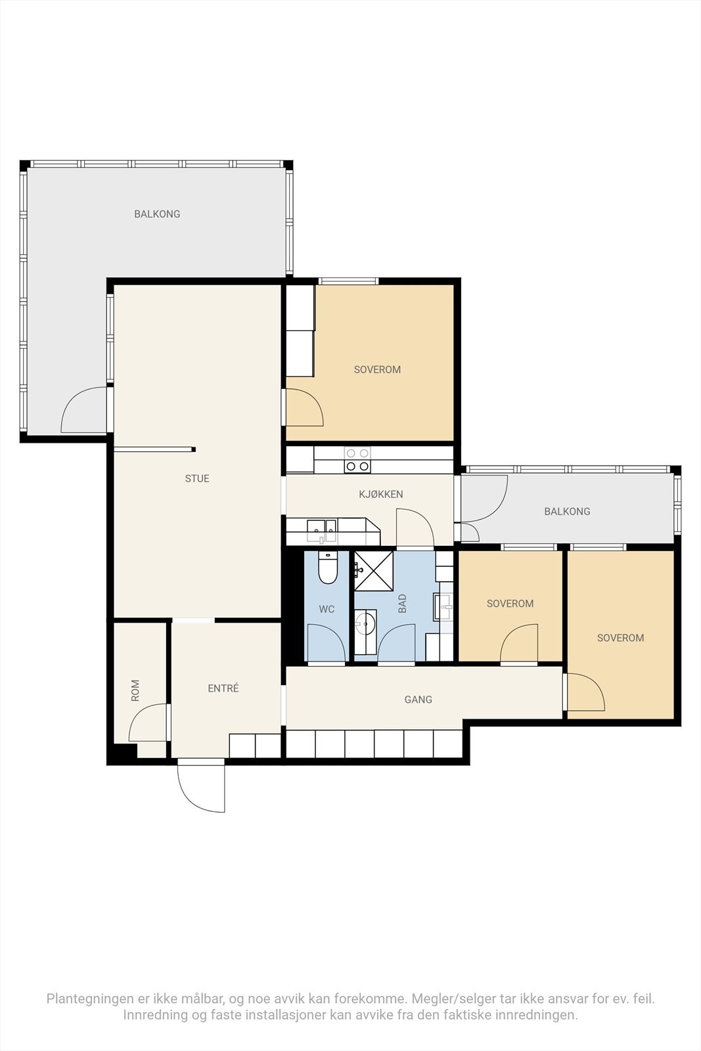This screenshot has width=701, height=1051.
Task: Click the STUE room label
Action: tap(197, 479)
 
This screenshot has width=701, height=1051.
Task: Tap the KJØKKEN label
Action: tap(381, 494)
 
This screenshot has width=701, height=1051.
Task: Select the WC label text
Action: tap(327, 609)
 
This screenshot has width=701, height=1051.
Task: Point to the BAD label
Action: tap(402, 604)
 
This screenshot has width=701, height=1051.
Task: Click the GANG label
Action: tap(418, 700)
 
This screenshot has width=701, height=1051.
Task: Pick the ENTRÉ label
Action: tap(223, 688)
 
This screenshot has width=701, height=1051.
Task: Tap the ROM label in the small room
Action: tap(135, 690)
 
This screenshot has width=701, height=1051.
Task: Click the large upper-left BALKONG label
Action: tap(157, 214)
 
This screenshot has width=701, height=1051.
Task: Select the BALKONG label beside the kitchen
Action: tap(567, 512)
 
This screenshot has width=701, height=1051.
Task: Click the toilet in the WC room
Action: tap(328, 568)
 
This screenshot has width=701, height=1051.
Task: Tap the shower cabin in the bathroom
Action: tap(373, 571)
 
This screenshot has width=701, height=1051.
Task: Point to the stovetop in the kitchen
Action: tap(357, 460)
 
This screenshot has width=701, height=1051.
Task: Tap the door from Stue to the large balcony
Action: tap(85, 409)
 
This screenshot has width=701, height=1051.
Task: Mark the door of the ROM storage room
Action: tap(148, 723)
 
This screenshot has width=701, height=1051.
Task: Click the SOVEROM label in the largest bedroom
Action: tap(377, 370)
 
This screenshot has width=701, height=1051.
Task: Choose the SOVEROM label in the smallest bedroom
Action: tap(510, 604)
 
